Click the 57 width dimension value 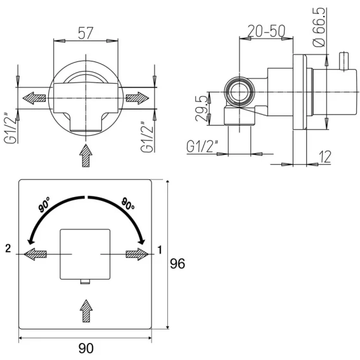click(x=86, y=33)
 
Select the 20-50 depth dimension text click(x=266, y=31)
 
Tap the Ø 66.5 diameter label click(x=319, y=27)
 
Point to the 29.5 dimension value click(x=202, y=108)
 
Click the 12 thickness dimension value click(x=325, y=157)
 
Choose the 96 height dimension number click(x=177, y=264)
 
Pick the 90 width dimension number click(x=86, y=349)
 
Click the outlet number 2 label click(x=8, y=248)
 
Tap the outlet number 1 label click(x=160, y=250)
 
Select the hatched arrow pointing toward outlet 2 click(x=35, y=254)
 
